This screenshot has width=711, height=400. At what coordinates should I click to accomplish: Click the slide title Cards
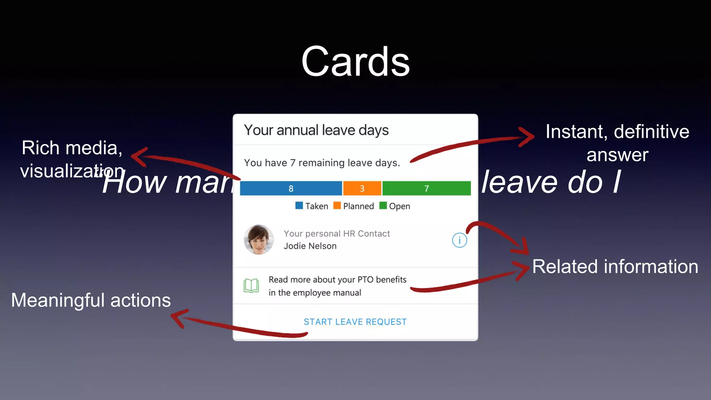(355, 62)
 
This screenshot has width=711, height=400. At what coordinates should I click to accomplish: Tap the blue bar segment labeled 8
(291, 188)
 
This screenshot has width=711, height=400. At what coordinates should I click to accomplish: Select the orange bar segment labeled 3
(362, 188)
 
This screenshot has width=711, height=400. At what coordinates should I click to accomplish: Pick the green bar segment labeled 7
(426, 188)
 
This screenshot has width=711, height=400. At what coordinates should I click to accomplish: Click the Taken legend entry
(312, 206)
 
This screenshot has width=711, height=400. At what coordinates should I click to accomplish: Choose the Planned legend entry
(354, 206)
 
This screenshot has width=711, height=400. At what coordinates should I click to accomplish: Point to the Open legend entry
(395, 206)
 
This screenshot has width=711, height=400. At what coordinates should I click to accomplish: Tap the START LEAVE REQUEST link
(355, 322)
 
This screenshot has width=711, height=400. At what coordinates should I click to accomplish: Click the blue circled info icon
(459, 240)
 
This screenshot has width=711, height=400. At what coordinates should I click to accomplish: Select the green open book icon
(251, 286)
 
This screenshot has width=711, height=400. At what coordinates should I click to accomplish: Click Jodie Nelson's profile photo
(259, 240)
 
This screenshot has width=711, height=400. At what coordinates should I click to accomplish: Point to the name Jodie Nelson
(310, 246)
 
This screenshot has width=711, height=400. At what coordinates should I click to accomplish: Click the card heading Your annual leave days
(316, 130)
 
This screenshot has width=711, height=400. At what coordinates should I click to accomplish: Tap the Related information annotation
(615, 267)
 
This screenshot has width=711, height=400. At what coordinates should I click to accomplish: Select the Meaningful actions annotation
(91, 300)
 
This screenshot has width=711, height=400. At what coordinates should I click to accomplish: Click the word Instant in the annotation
(575, 132)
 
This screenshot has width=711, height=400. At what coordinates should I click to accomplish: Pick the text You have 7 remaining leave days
(322, 163)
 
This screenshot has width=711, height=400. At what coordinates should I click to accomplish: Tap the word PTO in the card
(365, 280)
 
